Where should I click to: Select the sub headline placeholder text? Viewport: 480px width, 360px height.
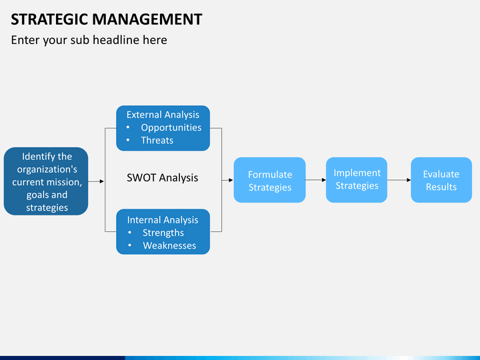[x=89, y=40]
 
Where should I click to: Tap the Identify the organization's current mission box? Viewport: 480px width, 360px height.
[x=46, y=181]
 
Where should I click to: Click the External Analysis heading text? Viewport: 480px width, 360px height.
[x=163, y=115]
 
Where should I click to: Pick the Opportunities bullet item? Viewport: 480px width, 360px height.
[x=171, y=127]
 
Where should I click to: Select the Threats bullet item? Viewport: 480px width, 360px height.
[x=157, y=140]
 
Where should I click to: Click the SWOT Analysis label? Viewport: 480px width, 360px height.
[x=162, y=177]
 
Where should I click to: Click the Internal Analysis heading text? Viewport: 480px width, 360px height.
[x=163, y=219]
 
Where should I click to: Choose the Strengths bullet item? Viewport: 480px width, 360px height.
[x=163, y=233]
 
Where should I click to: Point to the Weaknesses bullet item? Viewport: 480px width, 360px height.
[x=169, y=245]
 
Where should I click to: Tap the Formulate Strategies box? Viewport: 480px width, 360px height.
[x=269, y=180]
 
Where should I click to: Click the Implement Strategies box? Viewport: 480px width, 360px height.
[x=357, y=179]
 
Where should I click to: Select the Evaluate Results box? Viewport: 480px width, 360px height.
[x=441, y=180]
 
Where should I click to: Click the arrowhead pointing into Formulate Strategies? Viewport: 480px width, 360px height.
[x=230, y=180]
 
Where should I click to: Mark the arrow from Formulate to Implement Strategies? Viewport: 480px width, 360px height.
[x=315, y=180]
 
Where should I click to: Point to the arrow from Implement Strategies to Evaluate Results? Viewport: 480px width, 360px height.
[x=399, y=180]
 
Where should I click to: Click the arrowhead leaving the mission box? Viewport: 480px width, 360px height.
[x=101, y=181]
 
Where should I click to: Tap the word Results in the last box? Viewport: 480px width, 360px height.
[x=441, y=187]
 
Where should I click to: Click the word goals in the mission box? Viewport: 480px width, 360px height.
[x=39, y=195]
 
